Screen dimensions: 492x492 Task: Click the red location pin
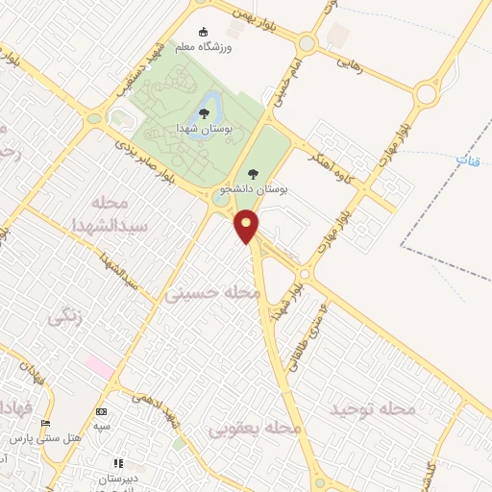pyautogui.click(x=247, y=227)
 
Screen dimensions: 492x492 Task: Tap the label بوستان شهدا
pyautogui.click(x=203, y=128)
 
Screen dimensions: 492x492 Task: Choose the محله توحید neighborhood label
pyautogui.click(x=373, y=409)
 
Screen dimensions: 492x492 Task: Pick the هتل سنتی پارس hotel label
pyautogui.click(x=43, y=438)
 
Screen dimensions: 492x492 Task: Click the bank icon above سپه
pyautogui.click(x=101, y=411)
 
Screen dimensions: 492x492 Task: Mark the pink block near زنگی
pyautogui.click(x=99, y=365)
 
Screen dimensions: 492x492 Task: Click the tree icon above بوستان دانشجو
pyautogui.click(x=253, y=174)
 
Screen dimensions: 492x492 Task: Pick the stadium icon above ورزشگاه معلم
pyautogui.click(x=202, y=32)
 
